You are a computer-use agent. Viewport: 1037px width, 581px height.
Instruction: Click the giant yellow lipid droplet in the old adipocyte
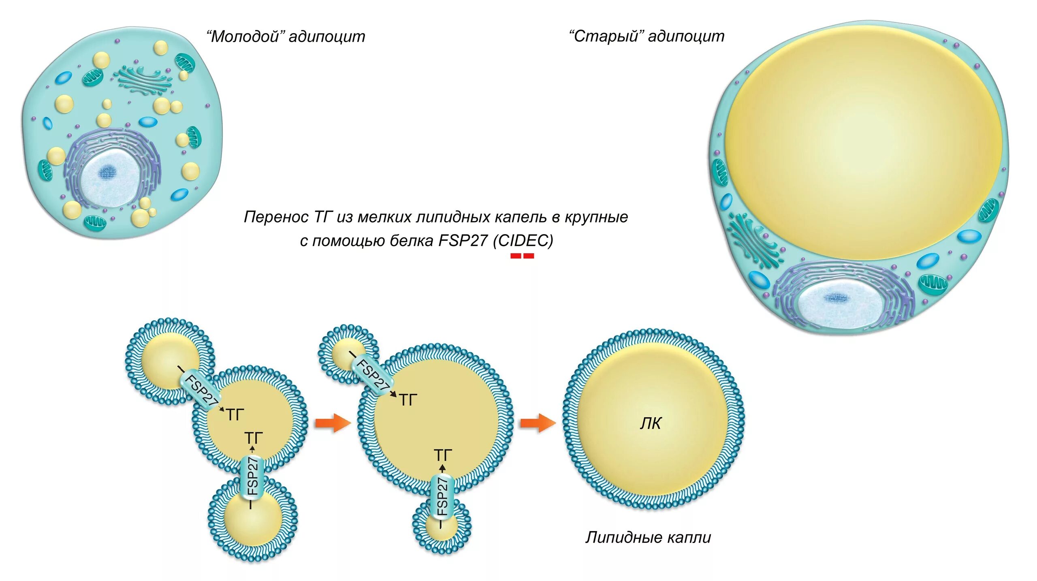(x=863, y=142)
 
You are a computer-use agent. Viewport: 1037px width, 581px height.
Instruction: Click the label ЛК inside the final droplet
(x=651, y=423)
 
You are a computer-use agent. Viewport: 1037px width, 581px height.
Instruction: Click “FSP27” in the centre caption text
(x=463, y=241)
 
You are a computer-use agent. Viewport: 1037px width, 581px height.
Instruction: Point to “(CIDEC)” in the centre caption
(x=523, y=241)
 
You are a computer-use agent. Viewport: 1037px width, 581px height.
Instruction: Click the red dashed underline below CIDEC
(x=522, y=256)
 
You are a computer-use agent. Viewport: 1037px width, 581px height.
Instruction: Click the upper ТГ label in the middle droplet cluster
(x=408, y=400)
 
